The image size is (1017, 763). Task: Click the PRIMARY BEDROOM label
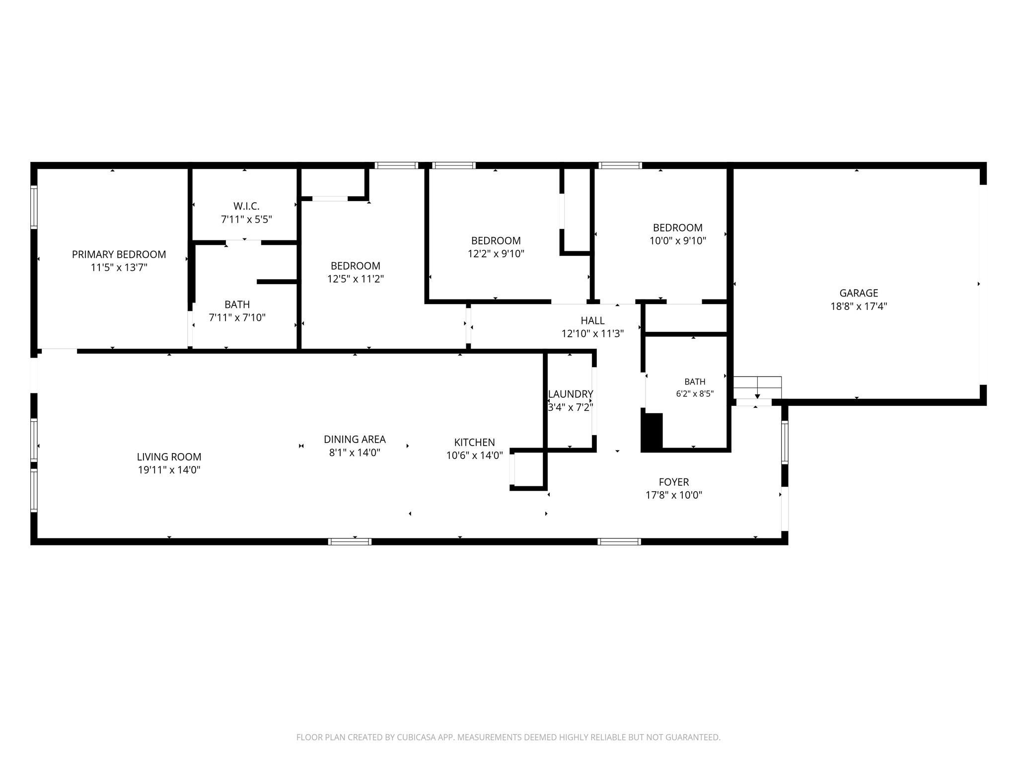[x=119, y=254]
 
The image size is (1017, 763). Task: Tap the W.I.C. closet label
[x=246, y=206]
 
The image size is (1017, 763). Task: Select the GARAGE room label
[x=859, y=293]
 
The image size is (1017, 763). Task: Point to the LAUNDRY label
[x=571, y=394]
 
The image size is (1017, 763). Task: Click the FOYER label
[x=674, y=482]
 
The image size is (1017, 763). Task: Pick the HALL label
[x=592, y=320]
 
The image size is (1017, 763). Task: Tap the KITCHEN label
[x=474, y=442]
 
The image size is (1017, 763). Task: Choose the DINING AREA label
[x=355, y=439]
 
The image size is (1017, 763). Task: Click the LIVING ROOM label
[x=169, y=457]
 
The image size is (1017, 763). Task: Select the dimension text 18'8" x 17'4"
[x=859, y=306]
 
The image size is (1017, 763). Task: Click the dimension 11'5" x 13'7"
[x=119, y=268]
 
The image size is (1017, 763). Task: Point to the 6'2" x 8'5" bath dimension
[x=695, y=393]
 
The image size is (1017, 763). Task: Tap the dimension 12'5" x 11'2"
[x=356, y=279]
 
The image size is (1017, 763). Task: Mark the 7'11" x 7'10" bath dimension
[x=237, y=317]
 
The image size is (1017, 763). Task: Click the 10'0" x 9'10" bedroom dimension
[x=678, y=241]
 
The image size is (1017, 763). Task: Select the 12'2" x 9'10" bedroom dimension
[x=496, y=254]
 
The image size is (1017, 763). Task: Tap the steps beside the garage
[x=757, y=388]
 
